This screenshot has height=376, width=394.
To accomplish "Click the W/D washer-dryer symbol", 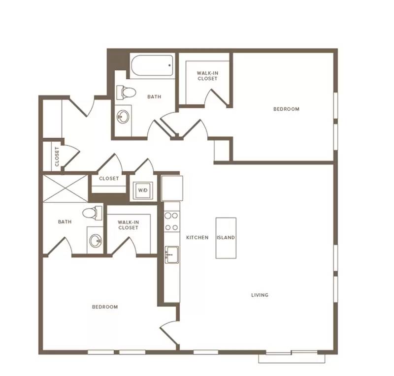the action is point(143,190).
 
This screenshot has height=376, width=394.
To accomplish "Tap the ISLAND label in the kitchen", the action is point(226,237).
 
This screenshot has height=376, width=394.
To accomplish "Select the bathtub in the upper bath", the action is point(152,65).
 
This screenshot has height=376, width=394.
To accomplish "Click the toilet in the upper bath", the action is point(126,93).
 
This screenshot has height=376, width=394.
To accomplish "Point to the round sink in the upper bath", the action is point(123,117).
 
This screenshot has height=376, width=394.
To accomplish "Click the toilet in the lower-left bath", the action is point(93,213).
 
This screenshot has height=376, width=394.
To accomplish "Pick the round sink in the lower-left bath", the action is point(96,241).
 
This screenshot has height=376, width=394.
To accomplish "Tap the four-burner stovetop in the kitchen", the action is point(171,221).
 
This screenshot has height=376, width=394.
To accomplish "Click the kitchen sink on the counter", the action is point(172,254).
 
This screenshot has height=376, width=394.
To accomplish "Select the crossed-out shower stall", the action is point(66,188).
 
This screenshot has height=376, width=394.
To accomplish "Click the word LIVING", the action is point(260,295).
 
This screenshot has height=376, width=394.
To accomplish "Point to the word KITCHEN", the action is point(197,237).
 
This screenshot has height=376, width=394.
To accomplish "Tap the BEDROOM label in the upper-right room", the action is point(286,109).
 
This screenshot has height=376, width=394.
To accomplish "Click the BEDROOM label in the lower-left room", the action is point(105,307).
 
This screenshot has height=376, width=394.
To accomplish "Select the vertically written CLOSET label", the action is point(57,157).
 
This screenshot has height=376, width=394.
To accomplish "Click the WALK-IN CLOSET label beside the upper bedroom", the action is point(207,76).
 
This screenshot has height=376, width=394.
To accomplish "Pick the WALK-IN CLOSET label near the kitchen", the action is point(128,225).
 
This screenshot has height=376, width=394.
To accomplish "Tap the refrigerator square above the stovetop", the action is point(172,188).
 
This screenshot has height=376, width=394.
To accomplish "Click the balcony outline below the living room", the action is point(292,358).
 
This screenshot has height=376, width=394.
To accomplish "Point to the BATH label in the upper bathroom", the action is point(154,96).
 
